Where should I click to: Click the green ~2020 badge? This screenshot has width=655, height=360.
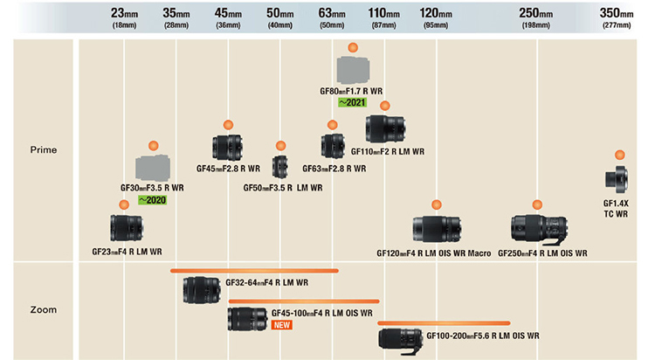coord(153,200)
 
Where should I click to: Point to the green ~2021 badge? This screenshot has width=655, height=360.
coord(352,102)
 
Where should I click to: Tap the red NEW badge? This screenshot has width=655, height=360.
coord(281,325)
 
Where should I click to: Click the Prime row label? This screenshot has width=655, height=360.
coord(44,149)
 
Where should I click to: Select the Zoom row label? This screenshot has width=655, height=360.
coord(44,310)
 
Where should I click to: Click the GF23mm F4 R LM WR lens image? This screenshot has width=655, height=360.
coord(127,228)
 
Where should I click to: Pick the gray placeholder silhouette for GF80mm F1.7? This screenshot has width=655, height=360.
coord(354,70)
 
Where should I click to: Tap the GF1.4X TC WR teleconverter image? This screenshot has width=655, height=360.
coord(617,179)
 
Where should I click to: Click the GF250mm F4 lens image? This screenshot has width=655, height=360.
coord(539,229)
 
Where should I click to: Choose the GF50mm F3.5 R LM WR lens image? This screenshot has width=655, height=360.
coord(279,167)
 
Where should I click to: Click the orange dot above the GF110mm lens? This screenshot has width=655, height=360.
coord(385,106)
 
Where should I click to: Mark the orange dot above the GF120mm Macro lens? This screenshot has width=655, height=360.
coord(437,204)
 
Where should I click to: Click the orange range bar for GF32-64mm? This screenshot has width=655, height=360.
coord(254,271)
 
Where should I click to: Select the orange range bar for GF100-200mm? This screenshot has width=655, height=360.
coord(444,322)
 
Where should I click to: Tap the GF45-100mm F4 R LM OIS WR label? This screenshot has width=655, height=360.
coord(322,313)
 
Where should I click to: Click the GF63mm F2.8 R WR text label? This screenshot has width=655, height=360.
coord(334,169)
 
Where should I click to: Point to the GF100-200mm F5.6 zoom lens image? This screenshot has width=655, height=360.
coord(401,340)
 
